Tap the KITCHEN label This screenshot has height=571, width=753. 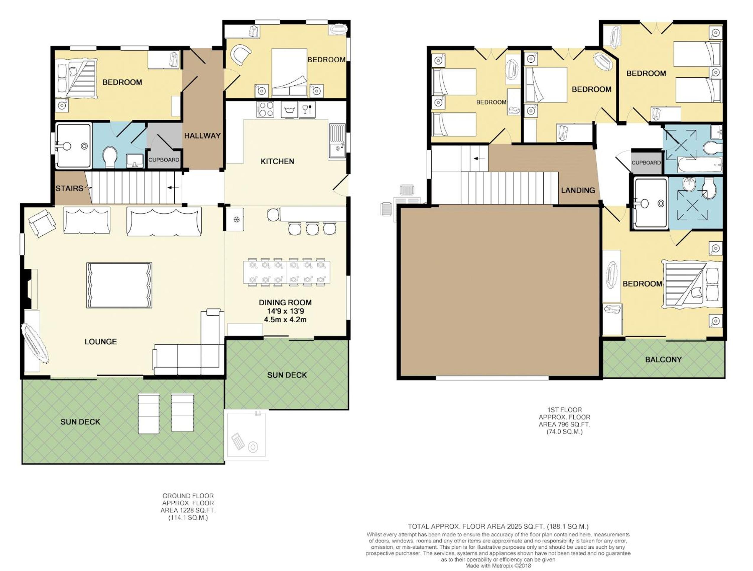click(x=277, y=161)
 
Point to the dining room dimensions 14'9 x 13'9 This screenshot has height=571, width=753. click(x=285, y=311)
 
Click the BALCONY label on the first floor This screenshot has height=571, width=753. click(x=663, y=359)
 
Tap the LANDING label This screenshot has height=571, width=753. click(x=578, y=190)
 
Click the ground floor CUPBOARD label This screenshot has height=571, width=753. click(x=164, y=160)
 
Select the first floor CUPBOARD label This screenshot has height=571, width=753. click(x=646, y=163)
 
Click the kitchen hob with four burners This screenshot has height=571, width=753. click(x=266, y=109)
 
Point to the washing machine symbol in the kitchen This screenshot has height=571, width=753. click(x=289, y=110)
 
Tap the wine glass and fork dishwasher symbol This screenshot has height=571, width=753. click(x=307, y=110)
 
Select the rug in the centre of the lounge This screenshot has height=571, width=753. click(x=119, y=285)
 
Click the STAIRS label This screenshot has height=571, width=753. click(x=69, y=188)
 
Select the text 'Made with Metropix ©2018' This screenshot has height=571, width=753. click(x=498, y=566)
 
